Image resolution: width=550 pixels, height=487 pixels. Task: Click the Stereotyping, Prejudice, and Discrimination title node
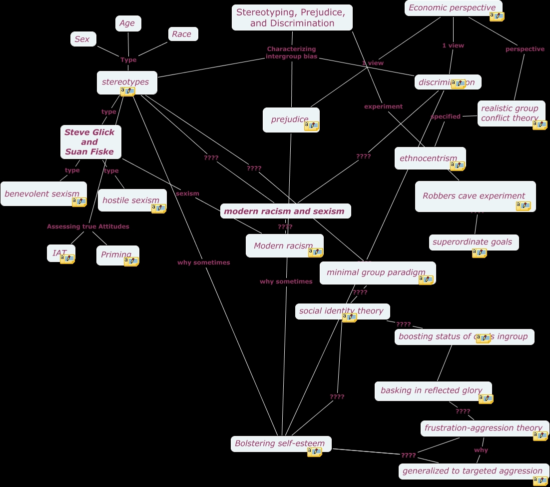pyautogui.click(x=292, y=17)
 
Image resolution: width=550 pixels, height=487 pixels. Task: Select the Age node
pyautogui.click(x=128, y=23)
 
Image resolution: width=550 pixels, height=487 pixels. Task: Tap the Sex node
pyautogui.click(x=83, y=39)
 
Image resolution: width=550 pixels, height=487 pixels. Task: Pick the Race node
pyautogui.click(x=183, y=34)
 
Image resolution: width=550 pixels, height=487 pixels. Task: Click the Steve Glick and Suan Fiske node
pyautogui.click(x=90, y=142)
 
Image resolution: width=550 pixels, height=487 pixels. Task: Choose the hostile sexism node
pyautogui.click(x=131, y=200)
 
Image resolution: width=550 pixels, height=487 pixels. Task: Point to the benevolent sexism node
pyautogui.click(x=42, y=193)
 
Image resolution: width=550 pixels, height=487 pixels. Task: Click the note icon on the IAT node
pyautogui.click(x=67, y=258)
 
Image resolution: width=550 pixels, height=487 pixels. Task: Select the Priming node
pyautogui.click(x=117, y=254)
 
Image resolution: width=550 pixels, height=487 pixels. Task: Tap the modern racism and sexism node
pyautogui.click(x=285, y=211)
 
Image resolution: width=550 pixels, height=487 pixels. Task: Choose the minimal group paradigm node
pyautogui.click(x=377, y=272)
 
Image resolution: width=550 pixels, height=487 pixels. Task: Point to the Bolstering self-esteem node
pyautogui.click(x=280, y=443)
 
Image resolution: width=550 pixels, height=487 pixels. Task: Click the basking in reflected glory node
pyautogui.click(x=432, y=390)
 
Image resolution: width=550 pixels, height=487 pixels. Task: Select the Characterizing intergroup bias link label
pyautogui.click(x=291, y=52)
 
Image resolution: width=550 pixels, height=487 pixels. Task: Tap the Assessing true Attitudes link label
pyautogui.click(x=88, y=226)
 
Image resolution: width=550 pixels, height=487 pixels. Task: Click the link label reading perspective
pyautogui.click(x=525, y=49)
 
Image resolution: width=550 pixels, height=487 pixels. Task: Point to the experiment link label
pyautogui.click(x=383, y=106)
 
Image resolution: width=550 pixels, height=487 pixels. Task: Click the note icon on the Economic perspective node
pyautogui.click(x=497, y=16)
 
